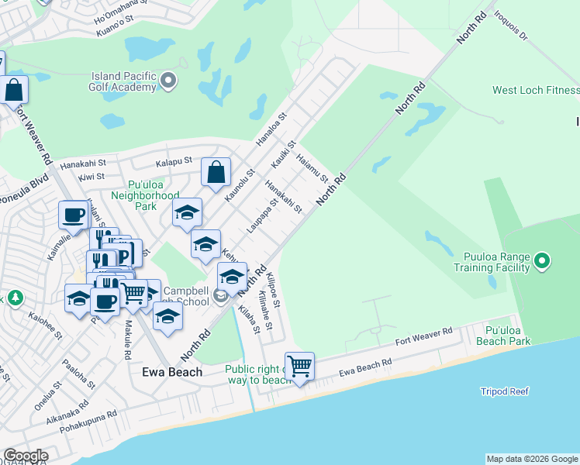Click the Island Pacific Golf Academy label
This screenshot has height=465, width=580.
point(124,82)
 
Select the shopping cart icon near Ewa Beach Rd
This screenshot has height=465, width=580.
point(299,366)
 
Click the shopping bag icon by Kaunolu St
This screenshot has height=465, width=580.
point(216,173)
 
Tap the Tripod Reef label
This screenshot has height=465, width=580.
point(504,391)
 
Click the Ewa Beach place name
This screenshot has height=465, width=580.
point(172,372)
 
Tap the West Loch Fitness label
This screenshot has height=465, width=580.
point(536,91)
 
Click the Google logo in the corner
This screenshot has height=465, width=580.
point(25,456)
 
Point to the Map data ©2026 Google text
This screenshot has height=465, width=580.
point(532,459)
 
